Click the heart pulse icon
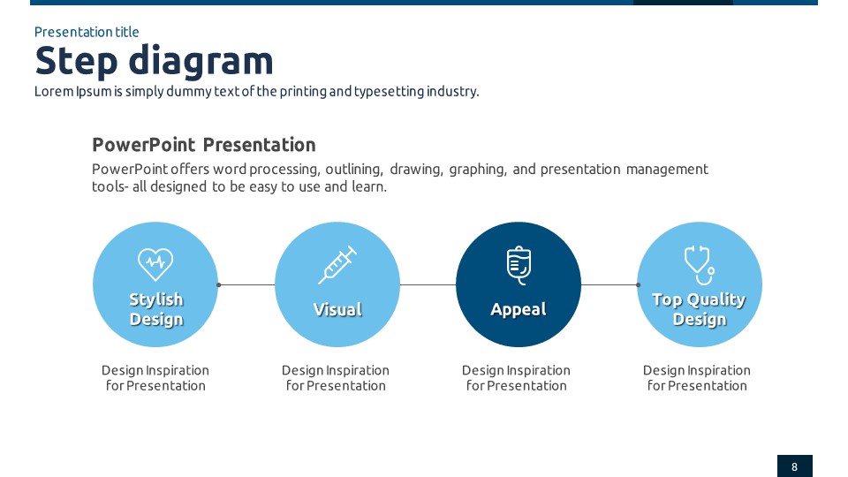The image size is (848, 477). (155, 264)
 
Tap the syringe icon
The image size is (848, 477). (337, 265)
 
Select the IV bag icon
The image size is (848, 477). (519, 265)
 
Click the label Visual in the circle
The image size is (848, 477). (337, 309)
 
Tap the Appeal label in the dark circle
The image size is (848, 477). (519, 310)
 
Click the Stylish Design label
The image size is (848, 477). (156, 309)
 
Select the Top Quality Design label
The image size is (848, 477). (700, 309)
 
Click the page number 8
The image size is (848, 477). (794, 466)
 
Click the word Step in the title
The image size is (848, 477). (76, 61)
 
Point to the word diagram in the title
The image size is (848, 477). (201, 61)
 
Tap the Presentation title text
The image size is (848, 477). (87, 32)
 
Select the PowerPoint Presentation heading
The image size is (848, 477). (204, 145)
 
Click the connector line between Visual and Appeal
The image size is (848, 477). (428, 284)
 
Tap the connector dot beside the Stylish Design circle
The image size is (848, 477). (218, 284)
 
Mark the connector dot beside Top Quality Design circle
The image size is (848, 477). (638, 284)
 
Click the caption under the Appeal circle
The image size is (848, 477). (516, 378)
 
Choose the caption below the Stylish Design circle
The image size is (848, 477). (155, 378)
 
